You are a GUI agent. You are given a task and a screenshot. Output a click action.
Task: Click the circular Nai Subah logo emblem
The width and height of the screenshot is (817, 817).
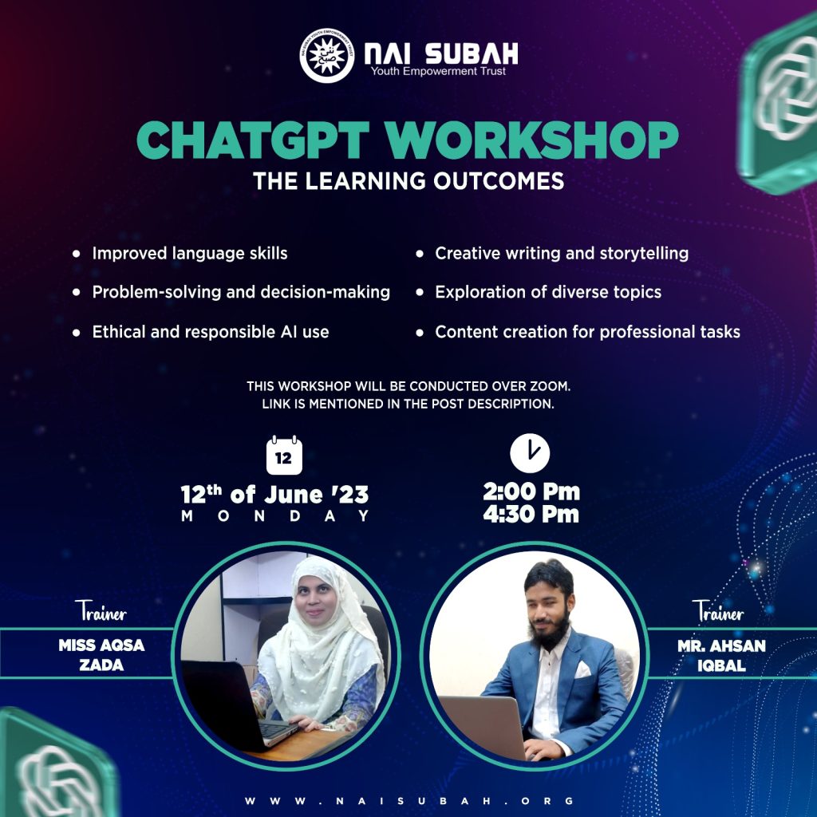(x=327, y=56)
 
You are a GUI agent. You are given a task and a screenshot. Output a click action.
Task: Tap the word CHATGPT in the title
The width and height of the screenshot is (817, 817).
(x=253, y=140)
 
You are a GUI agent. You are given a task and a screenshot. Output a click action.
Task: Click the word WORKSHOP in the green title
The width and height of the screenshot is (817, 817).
(x=532, y=140)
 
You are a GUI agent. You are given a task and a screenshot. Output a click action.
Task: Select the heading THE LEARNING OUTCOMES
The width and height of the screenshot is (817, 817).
(x=408, y=181)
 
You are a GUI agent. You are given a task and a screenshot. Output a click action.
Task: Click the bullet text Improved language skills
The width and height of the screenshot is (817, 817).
(x=190, y=254)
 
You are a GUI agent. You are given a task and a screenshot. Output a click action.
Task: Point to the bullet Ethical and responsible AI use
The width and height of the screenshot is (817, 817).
(x=211, y=332)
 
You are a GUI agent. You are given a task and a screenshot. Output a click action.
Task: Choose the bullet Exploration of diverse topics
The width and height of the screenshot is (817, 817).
(x=548, y=292)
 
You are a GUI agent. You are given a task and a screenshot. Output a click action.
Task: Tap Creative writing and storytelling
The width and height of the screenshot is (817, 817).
(x=562, y=254)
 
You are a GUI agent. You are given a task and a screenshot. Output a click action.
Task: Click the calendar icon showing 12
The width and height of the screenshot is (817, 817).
(x=284, y=456)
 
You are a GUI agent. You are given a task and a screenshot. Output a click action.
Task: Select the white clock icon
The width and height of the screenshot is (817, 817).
(x=530, y=453)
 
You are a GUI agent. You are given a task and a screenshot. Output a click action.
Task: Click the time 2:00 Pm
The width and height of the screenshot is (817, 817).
(x=531, y=491)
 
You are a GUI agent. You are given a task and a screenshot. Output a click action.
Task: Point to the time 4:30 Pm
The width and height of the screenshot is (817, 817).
(x=531, y=515)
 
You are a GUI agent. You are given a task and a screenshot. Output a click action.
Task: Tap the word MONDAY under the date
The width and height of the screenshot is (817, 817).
(x=275, y=516)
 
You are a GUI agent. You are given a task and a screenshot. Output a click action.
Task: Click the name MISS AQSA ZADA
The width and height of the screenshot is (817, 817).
(x=101, y=655)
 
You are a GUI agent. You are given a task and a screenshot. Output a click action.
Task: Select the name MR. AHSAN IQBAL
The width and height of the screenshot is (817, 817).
(x=721, y=656)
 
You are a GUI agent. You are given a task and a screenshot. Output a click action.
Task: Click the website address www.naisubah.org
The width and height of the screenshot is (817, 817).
(x=409, y=801)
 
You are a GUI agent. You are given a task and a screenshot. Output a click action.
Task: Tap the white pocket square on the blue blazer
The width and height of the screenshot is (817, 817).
(x=582, y=669)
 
